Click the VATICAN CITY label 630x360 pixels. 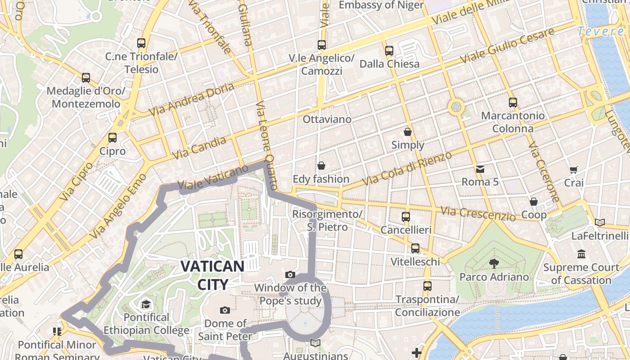coord(212,274)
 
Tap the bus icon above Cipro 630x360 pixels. coord(112,137)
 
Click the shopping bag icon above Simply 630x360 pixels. coord(408,132)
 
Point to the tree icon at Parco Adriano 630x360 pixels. coord(494,263)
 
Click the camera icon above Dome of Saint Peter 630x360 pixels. coord(225,310)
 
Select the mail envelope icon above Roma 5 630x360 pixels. coord(480,169)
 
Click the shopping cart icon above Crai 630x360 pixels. coord(574,170)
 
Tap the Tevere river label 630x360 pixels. coord(600,31)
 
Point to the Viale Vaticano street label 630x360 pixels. coord(213,177)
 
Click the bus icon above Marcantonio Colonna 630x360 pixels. coord(513,103)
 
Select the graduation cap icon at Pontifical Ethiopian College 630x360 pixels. coord(146,305)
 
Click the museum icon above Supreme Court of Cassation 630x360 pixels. coord(581,254)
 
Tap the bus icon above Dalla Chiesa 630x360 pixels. coord(389,50)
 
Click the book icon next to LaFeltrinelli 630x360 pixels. coord(599,222)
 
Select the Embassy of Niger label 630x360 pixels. coord(381,5)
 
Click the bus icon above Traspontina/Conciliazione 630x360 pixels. coord(427,286)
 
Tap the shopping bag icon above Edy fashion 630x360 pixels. coord(321,166)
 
